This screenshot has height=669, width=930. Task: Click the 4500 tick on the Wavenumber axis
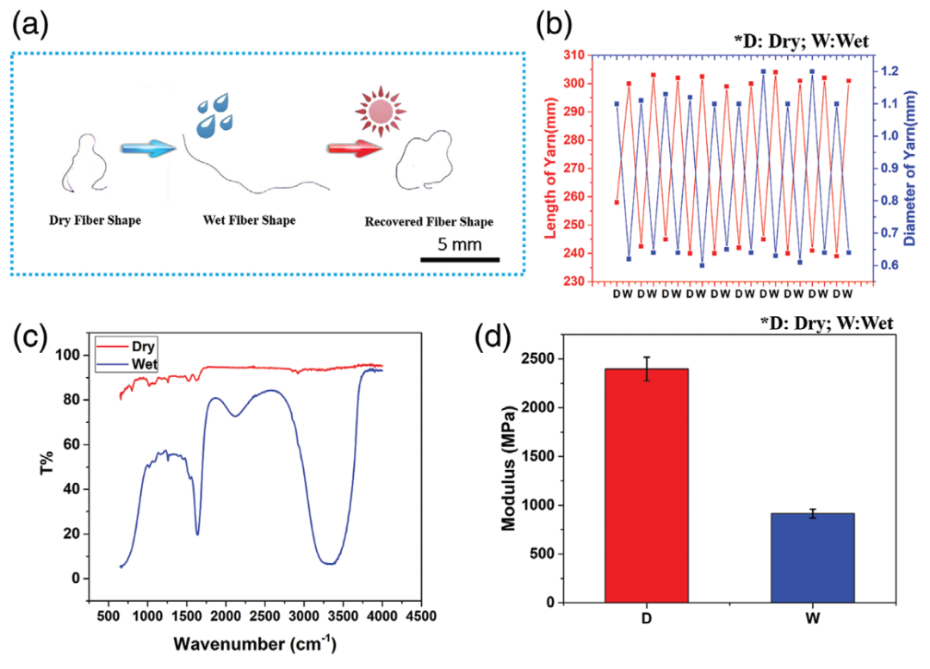pos(420,617)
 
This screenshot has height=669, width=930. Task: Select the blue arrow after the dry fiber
pos(148,147)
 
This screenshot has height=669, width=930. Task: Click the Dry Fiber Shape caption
pos(95,220)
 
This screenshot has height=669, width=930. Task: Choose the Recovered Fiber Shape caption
pos(429,222)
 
